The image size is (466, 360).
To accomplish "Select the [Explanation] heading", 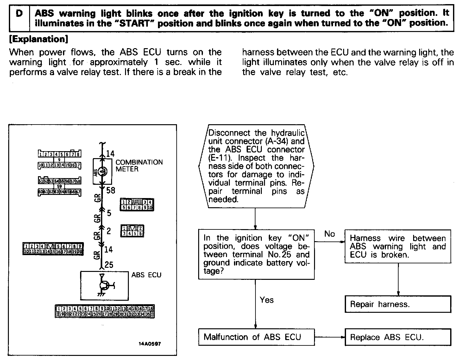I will (x=39, y=39).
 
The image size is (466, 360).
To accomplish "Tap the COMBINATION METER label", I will (x=139, y=165).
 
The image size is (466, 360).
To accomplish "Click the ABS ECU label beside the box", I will (x=146, y=275).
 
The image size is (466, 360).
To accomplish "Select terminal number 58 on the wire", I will (x=111, y=190).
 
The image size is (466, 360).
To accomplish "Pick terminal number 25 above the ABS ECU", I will (x=109, y=264).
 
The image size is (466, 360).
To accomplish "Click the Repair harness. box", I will (x=398, y=304).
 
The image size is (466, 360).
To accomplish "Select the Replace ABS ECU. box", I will (x=398, y=337).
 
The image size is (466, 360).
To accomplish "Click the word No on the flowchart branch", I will (x=329, y=234).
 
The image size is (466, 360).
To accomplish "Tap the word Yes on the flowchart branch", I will (x=267, y=300).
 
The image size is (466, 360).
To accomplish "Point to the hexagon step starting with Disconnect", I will (x=256, y=166).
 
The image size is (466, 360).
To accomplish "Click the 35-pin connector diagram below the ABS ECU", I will (x=105, y=311).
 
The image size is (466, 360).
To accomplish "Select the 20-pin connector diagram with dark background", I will (x=53, y=249).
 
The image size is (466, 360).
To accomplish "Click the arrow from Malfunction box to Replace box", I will (x=330, y=337).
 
